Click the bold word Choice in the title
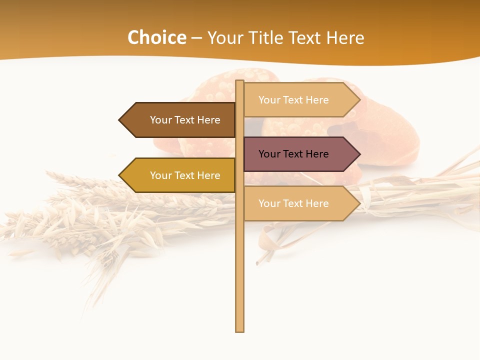[x=157, y=38]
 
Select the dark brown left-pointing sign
[x=180, y=120]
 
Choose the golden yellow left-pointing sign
[x=180, y=175]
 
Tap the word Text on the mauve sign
[x=293, y=154]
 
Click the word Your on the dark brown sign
[x=161, y=120]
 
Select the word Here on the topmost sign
[x=317, y=100]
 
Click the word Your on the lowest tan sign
[x=269, y=203]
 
